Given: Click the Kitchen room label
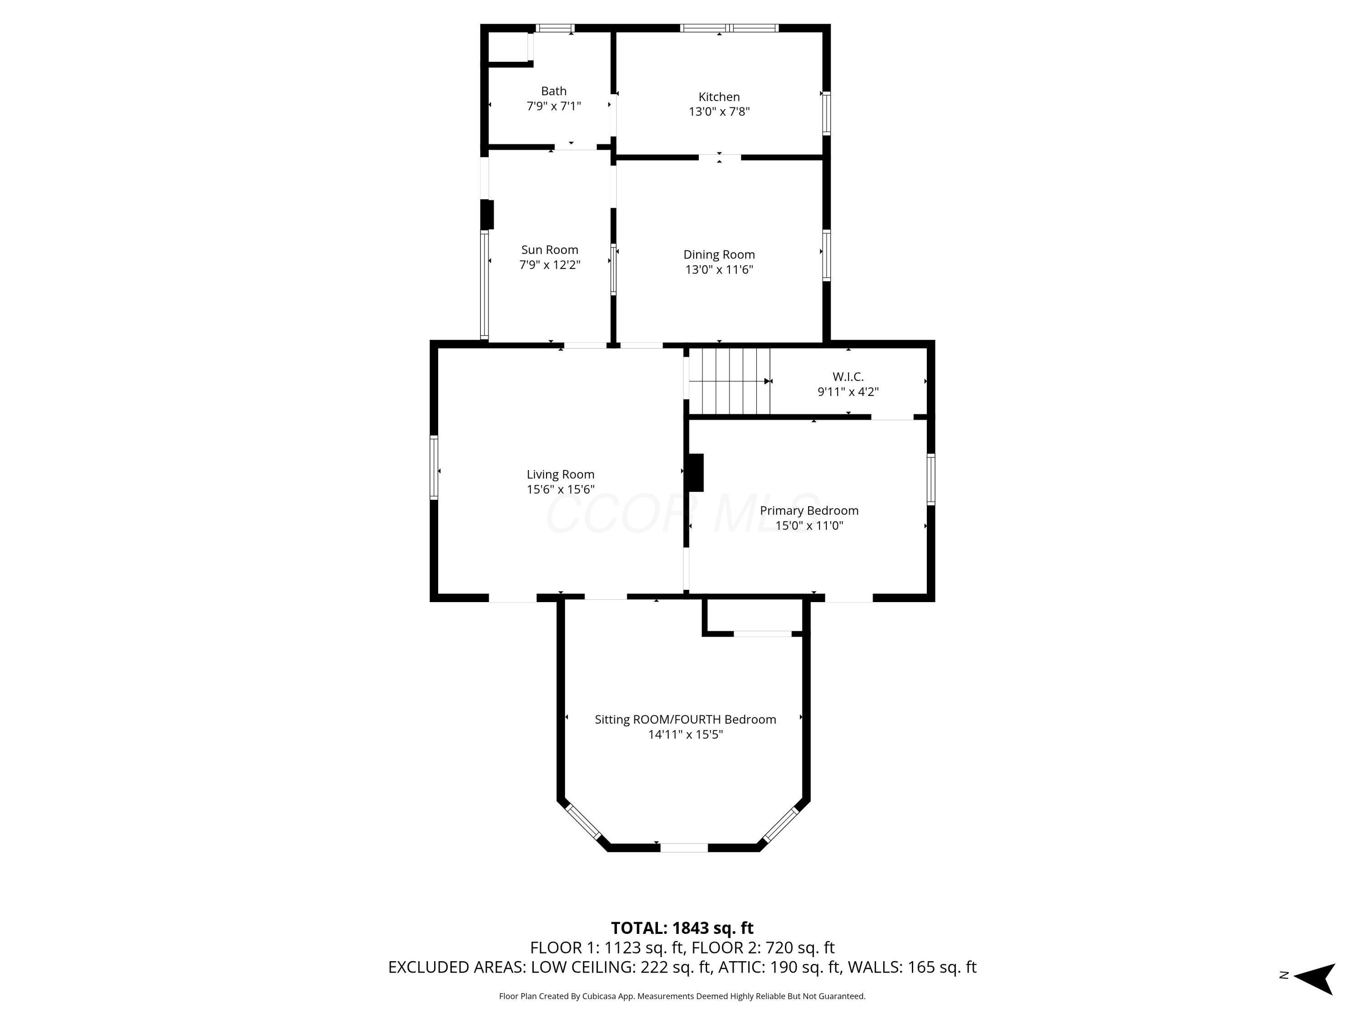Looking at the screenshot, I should [719, 97].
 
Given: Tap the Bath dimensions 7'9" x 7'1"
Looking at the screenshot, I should [554, 106].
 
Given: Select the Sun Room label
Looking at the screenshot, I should [549, 250].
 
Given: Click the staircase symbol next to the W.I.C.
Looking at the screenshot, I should [729, 381].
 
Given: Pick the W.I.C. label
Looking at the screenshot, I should [848, 376].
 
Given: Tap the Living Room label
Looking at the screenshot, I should [560, 475].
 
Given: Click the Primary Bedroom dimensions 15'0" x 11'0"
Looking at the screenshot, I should [809, 526].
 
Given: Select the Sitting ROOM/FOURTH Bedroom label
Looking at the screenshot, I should [685, 720].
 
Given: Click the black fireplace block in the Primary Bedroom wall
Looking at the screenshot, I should [695, 473].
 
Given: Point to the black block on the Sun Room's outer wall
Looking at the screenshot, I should [487, 214].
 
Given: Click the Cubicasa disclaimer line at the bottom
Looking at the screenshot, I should [682, 996].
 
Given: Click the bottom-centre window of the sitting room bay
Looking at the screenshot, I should [684, 848].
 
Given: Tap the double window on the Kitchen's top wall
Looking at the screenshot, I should [729, 28].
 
